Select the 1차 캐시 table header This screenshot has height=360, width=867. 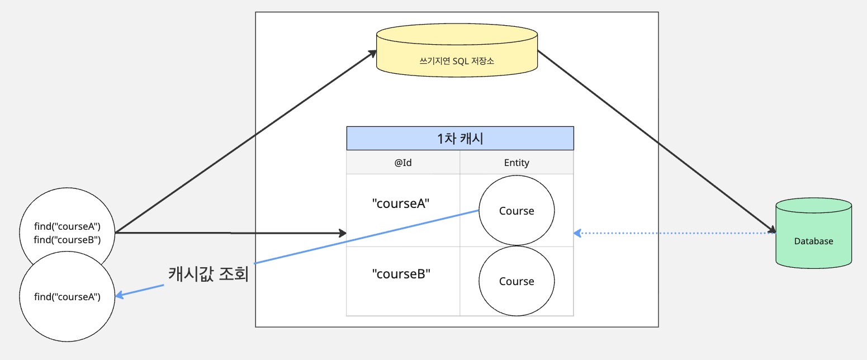click(x=460, y=139)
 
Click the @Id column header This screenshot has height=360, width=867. click(x=403, y=163)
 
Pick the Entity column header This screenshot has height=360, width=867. click(x=517, y=163)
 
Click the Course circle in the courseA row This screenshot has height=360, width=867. click(x=517, y=211)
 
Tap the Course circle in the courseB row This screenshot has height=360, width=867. click(x=517, y=281)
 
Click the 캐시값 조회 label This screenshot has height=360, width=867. click(x=208, y=275)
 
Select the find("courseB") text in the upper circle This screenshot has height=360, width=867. click(x=67, y=240)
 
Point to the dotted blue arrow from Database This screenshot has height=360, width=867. click(x=671, y=232)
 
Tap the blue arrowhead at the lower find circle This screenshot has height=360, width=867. click(x=119, y=295)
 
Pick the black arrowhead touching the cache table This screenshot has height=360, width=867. click(x=342, y=233)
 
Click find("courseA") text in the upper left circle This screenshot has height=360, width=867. click(x=67, y=227)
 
